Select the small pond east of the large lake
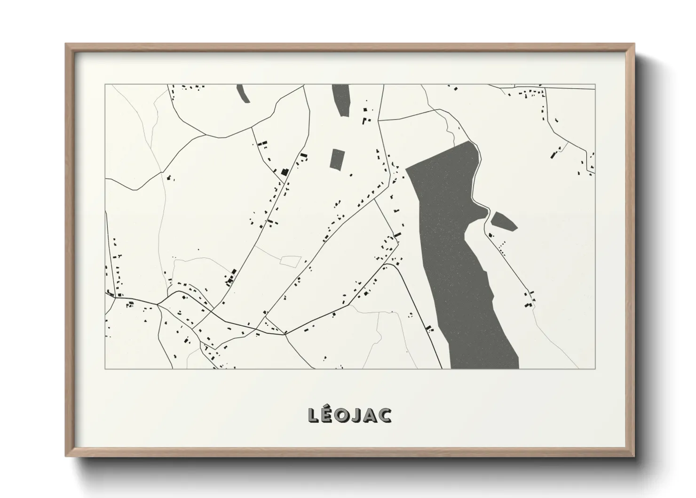tap(504, 220)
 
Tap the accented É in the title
tap(328, 414)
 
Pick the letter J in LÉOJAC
tap(357, 415)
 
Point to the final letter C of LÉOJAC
tap(385, 415)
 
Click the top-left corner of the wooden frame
tap(66, 44)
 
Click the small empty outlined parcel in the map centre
tap(291, 260)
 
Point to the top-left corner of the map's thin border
tap(105, 85)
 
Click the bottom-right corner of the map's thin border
tap(595, 369)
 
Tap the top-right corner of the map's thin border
tap(595, 85)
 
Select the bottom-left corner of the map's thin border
tap(105, 369)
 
